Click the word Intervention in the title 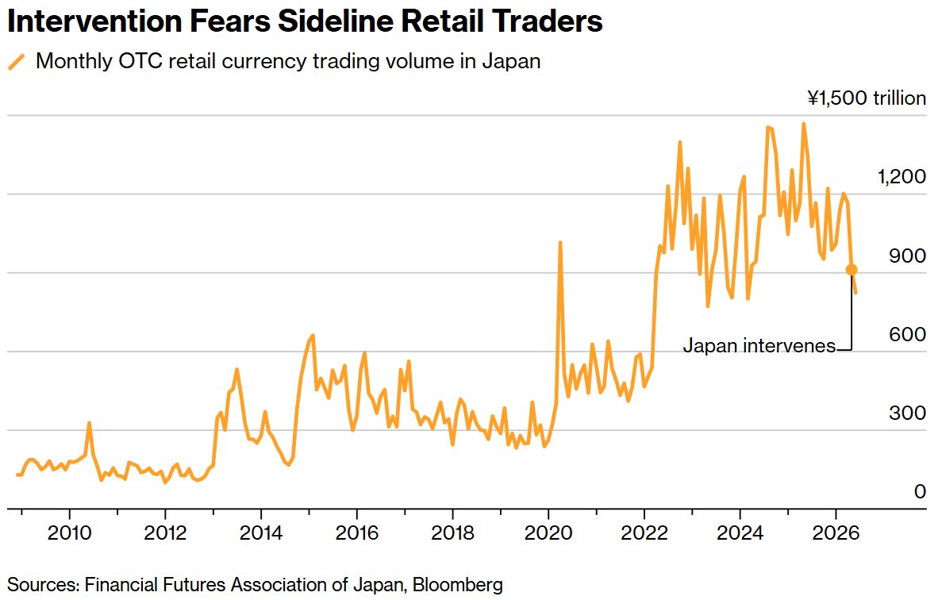[x=94, y=21]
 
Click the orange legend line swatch [x=17, y=62]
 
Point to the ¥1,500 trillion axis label [x=867, y=98]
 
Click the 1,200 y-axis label [x=901, y=176]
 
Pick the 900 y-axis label [x=908, y=256]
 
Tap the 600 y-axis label [x=908, y=334]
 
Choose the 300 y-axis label [x=908, y=413]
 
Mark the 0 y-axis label [x=920, y=491]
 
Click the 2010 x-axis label [x=69, y=533]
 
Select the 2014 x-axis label [x=261, y=533]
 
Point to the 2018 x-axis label [x=453, y=533]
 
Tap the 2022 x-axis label [x=644, y=533]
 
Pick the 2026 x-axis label [x=836, y=533]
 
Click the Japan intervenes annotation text [x=759, y=346]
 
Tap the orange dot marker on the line [x=852, y=270]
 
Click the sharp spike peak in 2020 [x=560, y=242]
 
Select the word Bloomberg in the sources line [x=458, y=584]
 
